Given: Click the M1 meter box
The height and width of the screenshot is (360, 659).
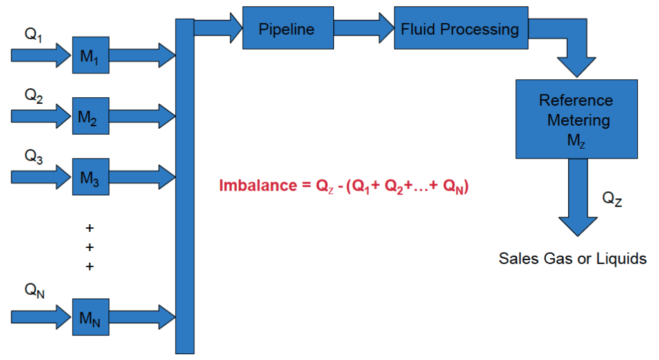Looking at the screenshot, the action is pyautogui.click(x=91, y=55).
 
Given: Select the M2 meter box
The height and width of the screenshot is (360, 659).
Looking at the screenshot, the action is pyautogui.click(x=91, y=116).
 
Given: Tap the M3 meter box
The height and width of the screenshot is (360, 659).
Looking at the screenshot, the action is pyautogui.click(x=91, y=176).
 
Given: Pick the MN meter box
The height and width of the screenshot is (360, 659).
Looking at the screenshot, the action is pyautogui.click(x=91, y=317).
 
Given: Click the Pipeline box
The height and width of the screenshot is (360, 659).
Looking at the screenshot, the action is pyautogui.click(x=288, y=28).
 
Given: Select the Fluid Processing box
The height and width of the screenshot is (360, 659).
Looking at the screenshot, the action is pyautogui.click(x=461, y=28).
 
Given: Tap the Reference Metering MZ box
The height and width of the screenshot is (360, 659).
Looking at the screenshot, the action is pyautogui.click(x=577, y=119).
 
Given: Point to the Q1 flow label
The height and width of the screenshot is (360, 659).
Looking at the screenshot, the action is pyautogui.click(x=33, y=35).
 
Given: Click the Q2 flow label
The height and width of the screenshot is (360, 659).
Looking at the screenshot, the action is pyautogui.click(x=33, y=95).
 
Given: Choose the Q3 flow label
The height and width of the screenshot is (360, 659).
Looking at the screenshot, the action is pyautogui.click(x=33, y=156).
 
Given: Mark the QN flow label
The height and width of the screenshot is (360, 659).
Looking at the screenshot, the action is pyautogui.click(x=35, y=290).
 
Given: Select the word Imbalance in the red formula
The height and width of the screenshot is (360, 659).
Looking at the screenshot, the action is pyautogui.click(x=258, y=185).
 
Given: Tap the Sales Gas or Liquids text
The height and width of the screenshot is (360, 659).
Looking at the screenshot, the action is pyautogui.click(x=572, y=258).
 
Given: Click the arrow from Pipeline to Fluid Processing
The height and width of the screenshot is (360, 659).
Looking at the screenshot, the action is pyautogui.click(x=364, y=28).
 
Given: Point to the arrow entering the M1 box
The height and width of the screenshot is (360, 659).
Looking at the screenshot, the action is pyautogui.click(x=41, y=55).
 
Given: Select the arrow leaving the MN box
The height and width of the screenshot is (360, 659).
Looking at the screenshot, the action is pyautogui.click(x=142, y=317).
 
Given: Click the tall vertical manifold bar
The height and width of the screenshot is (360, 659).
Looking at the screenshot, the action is pyautogui.click(x=185, y=186).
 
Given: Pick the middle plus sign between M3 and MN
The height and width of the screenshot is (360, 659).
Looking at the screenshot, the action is pyautogui.click(x=89, y=247).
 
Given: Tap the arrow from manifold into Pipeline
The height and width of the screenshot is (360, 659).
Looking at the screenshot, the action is pyautogui.click(x=219, y=28).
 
